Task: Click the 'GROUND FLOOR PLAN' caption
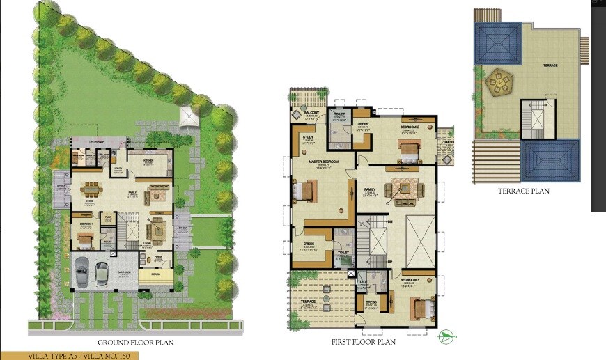pyautogui.click(x=135, y=342)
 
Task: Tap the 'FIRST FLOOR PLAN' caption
pyautogui.click(x=364, y=342)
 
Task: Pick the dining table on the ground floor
pyautogui.click(x=91, y=189)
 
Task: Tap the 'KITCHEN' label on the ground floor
pyautogui.click(x=148, y=160)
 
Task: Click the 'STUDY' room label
pyautogui.click(x=308, y=137)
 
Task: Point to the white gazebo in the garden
pyautogui.click(x=189, y=117)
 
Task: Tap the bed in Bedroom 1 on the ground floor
pyautogui.click(x=84, y=238)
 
